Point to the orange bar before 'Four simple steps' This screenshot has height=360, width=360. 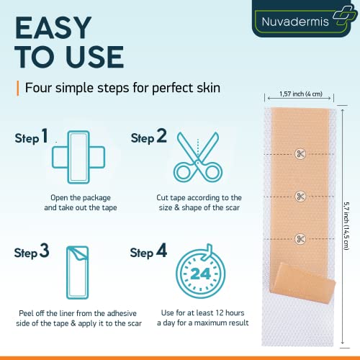17,89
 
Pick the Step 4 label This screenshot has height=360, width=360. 149,252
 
